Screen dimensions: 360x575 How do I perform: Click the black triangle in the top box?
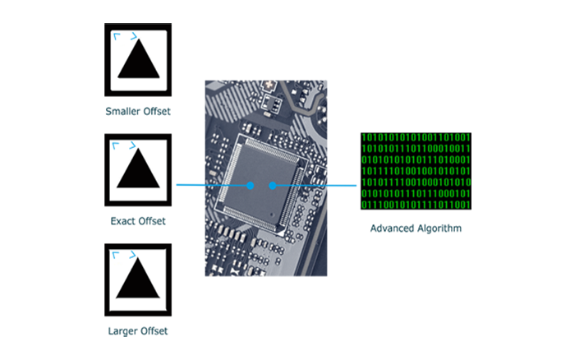(x=138, y=61)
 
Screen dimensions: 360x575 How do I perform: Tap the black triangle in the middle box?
(x=138, y=169)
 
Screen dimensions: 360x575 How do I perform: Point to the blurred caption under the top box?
(x=145, y=112)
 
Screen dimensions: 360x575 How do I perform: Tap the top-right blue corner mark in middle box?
(x=130, y=145)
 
